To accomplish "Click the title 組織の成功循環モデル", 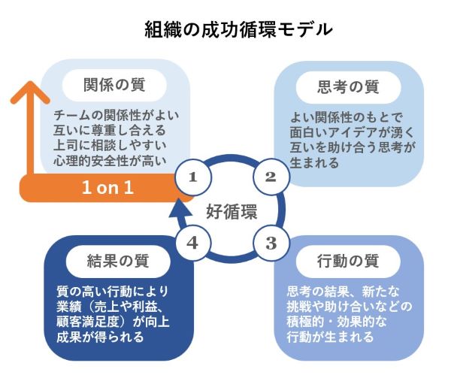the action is (238, 29).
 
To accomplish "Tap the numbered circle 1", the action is (193, 177).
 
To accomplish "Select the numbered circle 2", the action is (271, 177).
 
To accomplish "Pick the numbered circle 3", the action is (271, 243).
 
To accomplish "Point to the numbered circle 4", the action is (193, 243).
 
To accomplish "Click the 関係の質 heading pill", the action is (114, 85).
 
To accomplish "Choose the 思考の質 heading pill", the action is (348, 87).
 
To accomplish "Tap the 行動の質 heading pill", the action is (348, 262).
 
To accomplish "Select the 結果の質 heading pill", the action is (118, 262).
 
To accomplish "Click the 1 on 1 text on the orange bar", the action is (107, 188).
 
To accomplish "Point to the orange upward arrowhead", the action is (30, 92).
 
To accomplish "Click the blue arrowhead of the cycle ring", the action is (180, 209).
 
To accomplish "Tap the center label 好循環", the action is (232, 212).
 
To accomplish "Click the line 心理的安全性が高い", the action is (110, 161).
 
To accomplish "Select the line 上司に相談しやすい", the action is (110, 146).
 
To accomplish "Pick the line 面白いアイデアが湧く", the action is (352, 132).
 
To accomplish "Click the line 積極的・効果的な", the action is (337, 322).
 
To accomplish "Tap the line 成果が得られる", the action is (100, 337).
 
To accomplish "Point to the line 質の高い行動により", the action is (113, 292).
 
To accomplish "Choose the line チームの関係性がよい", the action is (117, 116).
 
